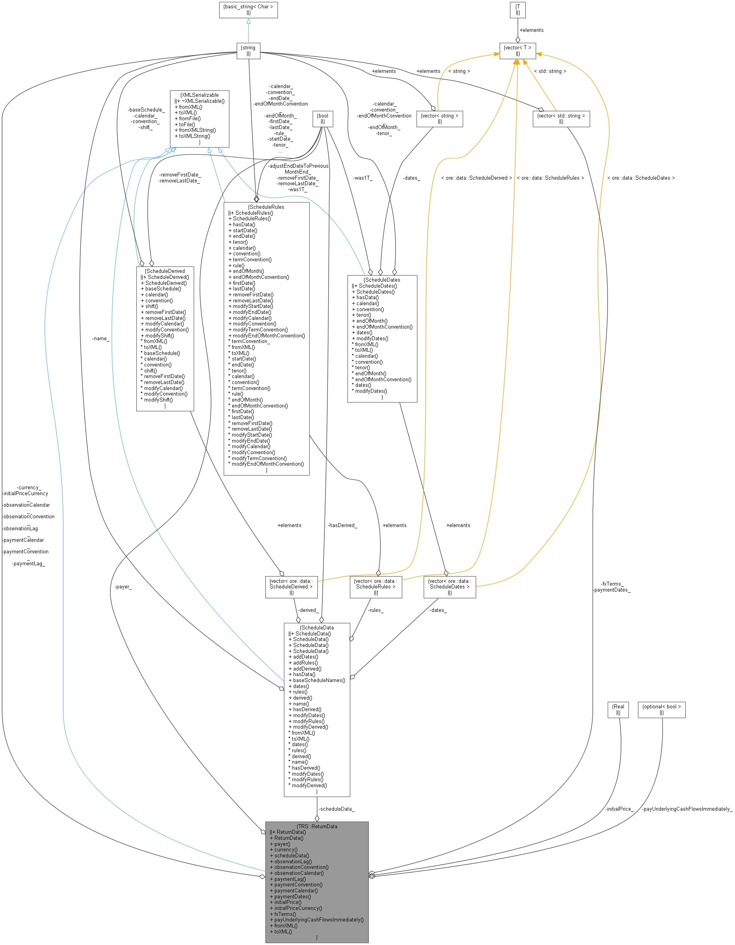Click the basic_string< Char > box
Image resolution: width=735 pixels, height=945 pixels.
pyautogui.click(x=248, y=10)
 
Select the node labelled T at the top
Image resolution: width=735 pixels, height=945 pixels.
pyautogui.click(x=517, y=10)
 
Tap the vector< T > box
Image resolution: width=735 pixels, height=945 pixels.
pyautogui.click(x=517, y=51)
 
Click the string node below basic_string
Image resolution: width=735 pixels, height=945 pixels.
pyautogui.click(x=248, y=51)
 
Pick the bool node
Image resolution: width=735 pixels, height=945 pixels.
pyautogui.click(x=322, y=119)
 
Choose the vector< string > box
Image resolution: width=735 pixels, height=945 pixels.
pyautogui.click(x=439, y=119)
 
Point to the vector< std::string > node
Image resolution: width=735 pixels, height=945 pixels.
pyautogui.click(x=561, y=119)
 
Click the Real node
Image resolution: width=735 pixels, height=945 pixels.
pyautogui.click(x=618, y=710)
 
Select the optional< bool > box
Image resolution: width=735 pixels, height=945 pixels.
pyautogui.click(x=661, y=710)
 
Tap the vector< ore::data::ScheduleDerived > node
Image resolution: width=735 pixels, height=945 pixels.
pyautogui.click(x=291, y=587)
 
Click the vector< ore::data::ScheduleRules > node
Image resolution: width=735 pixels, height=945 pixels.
pyautogui.click(x=376, y=587)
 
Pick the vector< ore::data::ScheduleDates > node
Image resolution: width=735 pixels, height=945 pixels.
pyautogui.click(x=449, y=587)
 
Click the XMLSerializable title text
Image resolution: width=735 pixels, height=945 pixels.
pyautogui.click(x=200, y=95)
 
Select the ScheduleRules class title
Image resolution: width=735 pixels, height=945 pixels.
pyautogui.click(x=266, y=207)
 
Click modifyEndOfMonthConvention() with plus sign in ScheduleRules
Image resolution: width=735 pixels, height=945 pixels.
pyautogui.click(x=269, y=336)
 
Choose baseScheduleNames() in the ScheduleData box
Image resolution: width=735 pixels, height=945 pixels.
pyautogui.click(x=319, y=680)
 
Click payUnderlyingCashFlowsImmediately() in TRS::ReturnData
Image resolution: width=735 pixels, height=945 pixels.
pyautogui.click(x=319, y=920)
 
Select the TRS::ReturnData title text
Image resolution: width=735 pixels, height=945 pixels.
pyautogui.click(x=317, y=826)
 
